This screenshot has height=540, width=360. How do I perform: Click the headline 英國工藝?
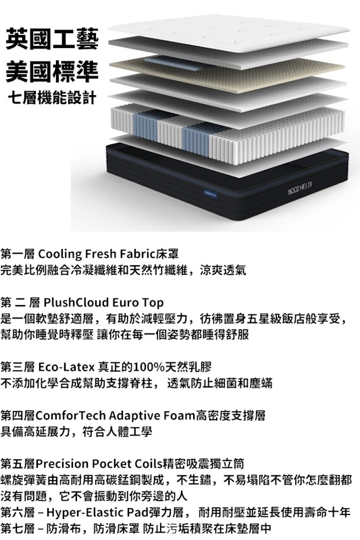pyautogui.click(x=52, y=39)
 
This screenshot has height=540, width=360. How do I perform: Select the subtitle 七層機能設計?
pyautogui.click(x=52, y=98)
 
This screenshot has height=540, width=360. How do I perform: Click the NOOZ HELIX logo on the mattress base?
pyautogui.click(x=299, y=187)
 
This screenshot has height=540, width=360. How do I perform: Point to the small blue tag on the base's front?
pyautogui.click(x=210, y=195)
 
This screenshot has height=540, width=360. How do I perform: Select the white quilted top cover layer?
pyautogui.click(x=228, y=32)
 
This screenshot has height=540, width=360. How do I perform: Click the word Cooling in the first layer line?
pyautogui.click(x=59, y=254)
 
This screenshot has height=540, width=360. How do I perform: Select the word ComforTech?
pyautogui.click(x=71, y=416)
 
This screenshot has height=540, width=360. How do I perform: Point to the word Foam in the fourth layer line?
pyautogui.click(x=180, y=416)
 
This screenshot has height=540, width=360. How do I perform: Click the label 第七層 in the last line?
pyautogui.click(x=18, y=529)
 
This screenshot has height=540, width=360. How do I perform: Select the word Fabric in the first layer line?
pyautogui.click(x=136, y=254)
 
